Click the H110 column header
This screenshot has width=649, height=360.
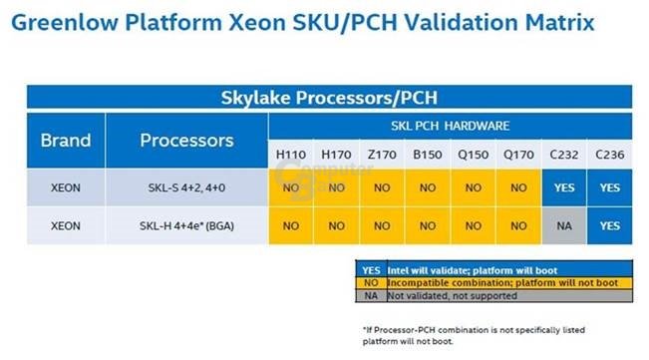point(290,156)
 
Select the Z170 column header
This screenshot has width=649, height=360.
point(383,156)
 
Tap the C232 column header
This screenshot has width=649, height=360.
point(564,156)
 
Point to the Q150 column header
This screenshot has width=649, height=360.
point(474,156)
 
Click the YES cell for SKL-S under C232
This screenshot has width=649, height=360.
point(564,187)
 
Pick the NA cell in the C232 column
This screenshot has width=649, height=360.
point(564,226)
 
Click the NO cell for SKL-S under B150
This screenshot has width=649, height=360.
point(429,187)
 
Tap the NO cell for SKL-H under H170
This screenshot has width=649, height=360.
point(337,226)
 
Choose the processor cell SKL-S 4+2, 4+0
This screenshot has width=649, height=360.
point(186,187)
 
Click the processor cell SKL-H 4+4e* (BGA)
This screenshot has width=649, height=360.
point(186,226)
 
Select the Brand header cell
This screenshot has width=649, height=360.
point(66,141)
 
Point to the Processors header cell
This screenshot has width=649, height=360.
point(186,141)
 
